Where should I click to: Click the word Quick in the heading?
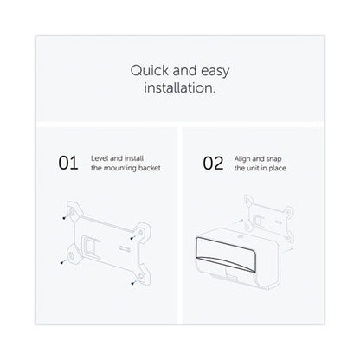(150, 71)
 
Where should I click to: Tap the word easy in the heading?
(215, 72)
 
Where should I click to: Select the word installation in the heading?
(180, 87)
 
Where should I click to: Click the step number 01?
(68, 164)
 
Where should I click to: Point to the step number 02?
(213, 164)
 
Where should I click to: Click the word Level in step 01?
(100, 158)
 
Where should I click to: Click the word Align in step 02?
(242, 159)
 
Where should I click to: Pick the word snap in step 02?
(273, 159)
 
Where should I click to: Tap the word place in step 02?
(278, 169)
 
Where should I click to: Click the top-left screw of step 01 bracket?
(64, 218)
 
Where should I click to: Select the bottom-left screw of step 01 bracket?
(61, 262)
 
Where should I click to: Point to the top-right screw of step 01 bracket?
(132, 238)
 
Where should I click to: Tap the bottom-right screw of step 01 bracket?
(132, 283)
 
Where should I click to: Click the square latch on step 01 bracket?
(89, 245)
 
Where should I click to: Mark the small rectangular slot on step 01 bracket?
(125, 247)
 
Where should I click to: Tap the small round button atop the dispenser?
(239, 237)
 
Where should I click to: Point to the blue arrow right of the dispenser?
(288, 250)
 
